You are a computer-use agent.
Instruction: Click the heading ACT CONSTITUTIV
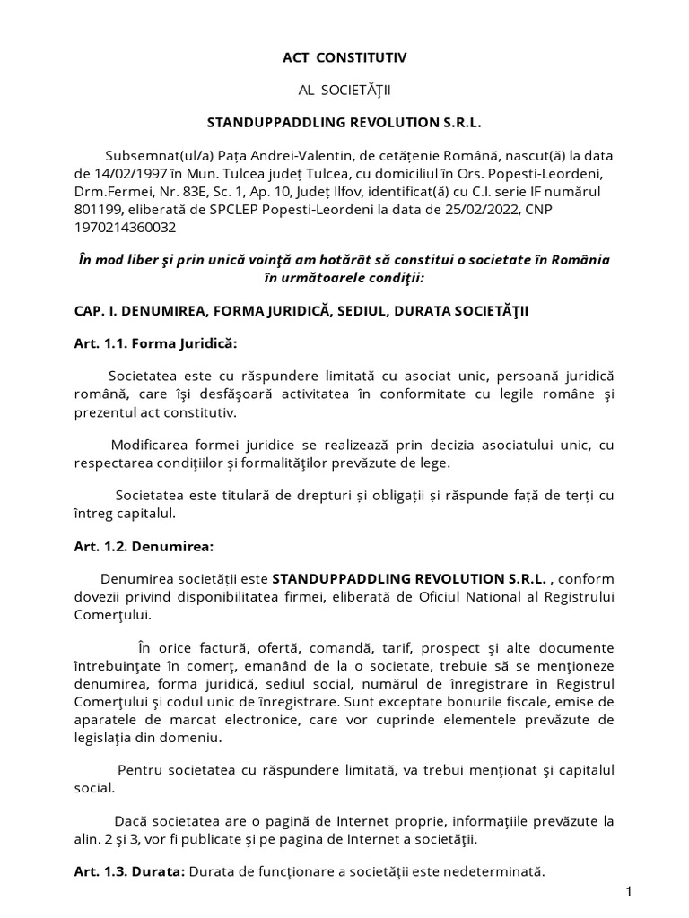click(x=344, y=57)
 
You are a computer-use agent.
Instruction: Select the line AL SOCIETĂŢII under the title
click(x=344, y=90)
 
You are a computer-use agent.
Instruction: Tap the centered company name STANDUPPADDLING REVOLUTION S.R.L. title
click(x=344, y=122)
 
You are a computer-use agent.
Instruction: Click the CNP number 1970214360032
click(x=126, y=228)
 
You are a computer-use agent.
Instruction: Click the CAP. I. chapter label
click(x=98, y=309)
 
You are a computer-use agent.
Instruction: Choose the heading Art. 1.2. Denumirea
click(x=144, y=545)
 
